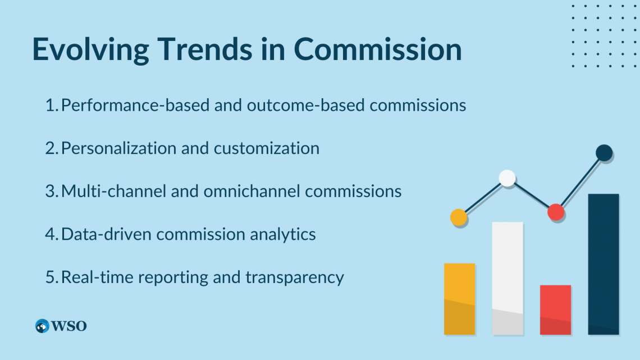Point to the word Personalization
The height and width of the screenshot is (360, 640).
pos(118,148)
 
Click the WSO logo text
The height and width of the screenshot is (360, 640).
pos(69,326)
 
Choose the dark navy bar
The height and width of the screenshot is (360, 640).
pos(604,264)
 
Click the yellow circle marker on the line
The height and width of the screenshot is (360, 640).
pos(459,217)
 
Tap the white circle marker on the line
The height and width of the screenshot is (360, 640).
pos(507,178)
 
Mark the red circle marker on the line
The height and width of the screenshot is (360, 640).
pos(556,212)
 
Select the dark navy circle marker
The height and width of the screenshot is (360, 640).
pos(604,153)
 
